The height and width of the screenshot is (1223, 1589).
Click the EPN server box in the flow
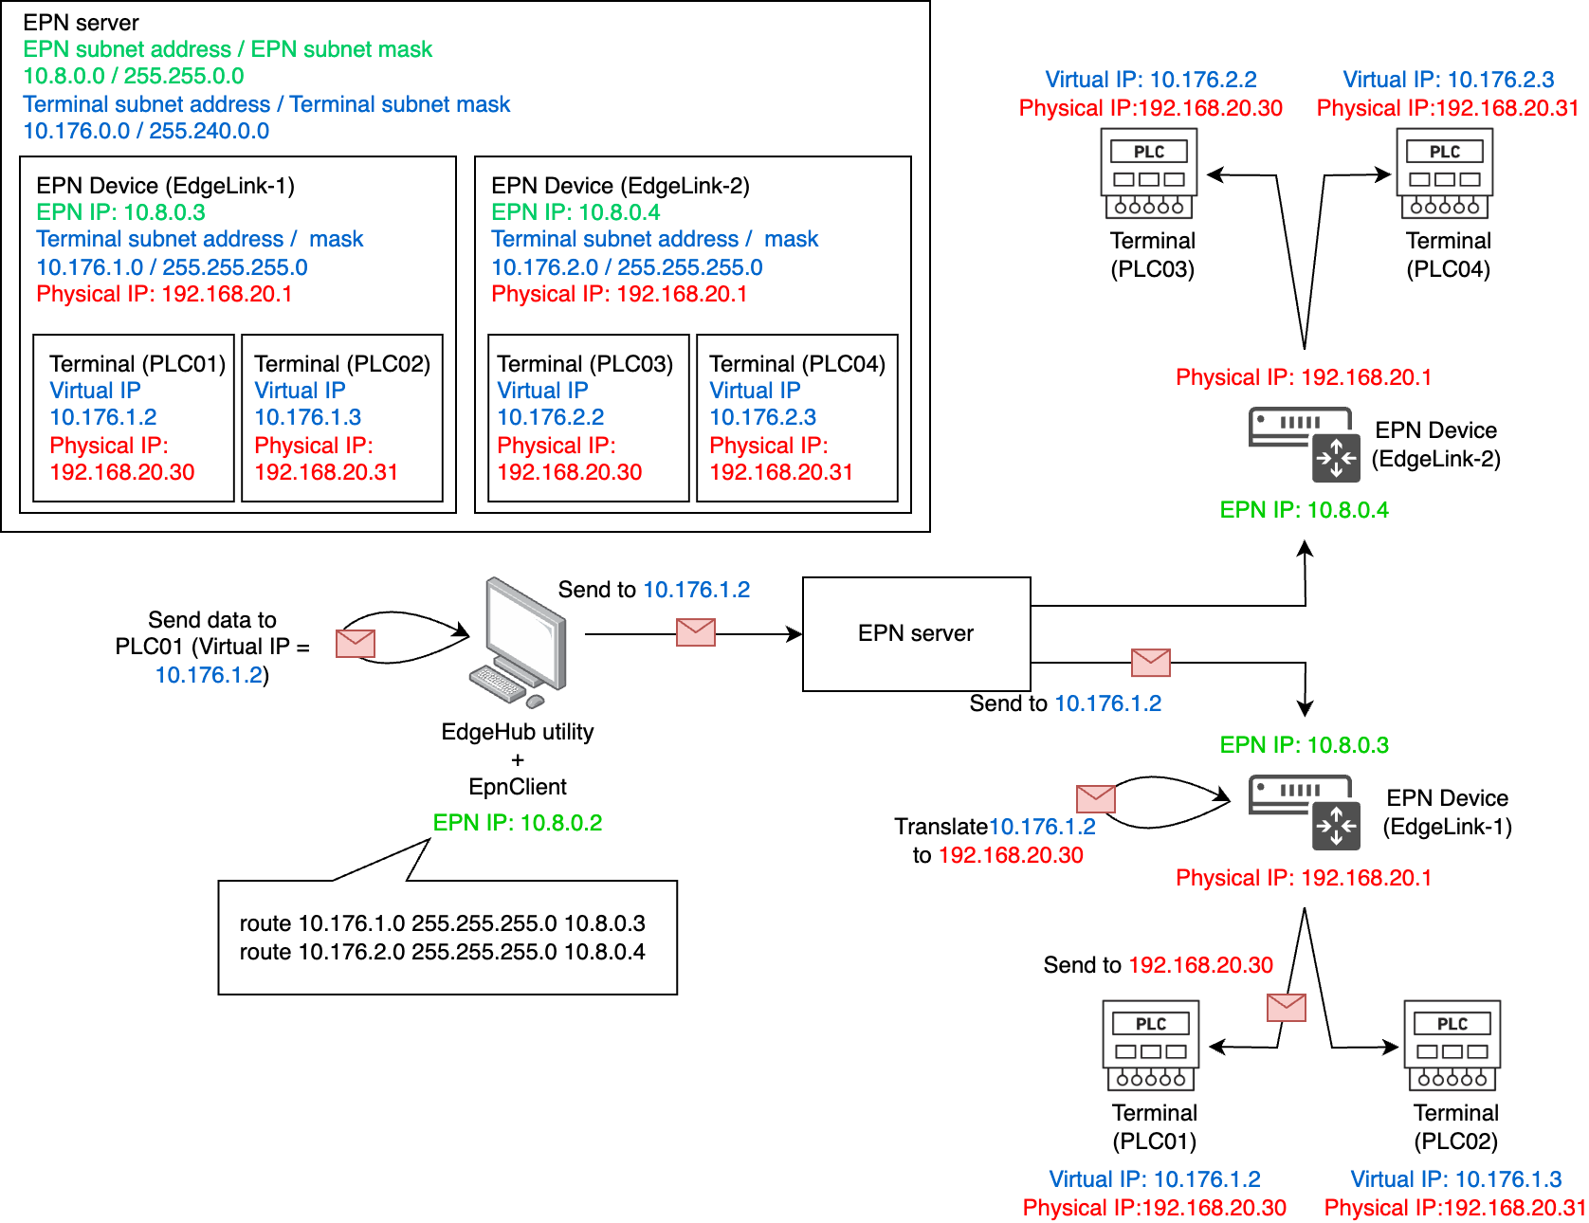point(916,633)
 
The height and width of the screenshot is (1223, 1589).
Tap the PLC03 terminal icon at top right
point(1149,174)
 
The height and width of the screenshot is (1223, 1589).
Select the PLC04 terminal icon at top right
point(1445,174)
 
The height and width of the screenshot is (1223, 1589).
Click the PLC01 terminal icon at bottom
point(1151,1046)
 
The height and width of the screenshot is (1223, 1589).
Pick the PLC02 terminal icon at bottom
point(1452,1046)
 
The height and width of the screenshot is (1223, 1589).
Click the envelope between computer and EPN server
point(695,632)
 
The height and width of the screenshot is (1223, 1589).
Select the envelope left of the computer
point(356,643)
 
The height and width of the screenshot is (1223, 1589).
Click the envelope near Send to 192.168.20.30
point(1287,1007)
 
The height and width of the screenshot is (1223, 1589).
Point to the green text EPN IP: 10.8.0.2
point(518,823)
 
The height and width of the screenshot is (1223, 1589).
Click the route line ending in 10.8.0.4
point(442,952)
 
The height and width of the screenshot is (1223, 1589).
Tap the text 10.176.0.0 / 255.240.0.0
point(146,131)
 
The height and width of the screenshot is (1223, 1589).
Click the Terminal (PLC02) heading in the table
point(342,364)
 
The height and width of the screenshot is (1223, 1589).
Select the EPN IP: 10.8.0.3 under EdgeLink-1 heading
point(120,212)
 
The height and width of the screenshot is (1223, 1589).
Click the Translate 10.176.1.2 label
point(995,827)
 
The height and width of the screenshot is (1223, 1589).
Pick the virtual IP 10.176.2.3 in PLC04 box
point(762,417)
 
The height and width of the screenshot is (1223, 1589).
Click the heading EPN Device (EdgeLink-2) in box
point(620,186)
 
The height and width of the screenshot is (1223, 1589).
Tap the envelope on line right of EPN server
point(1150,662)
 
